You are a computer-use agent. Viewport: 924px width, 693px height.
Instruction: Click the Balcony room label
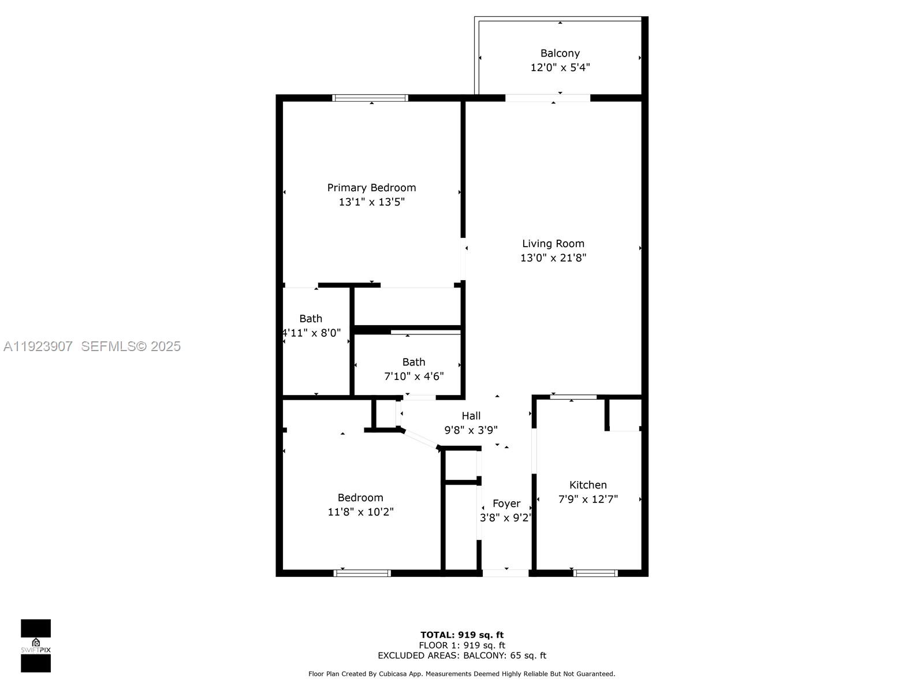(x=560, y=53)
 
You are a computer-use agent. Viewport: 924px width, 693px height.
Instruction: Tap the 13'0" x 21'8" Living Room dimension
(x=553, y=258)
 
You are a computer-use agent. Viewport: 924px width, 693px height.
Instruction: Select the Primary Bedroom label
(x=371, y=188)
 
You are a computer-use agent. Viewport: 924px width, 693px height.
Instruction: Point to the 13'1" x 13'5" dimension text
(x=371, y=202)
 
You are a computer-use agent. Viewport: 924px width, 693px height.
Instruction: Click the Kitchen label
(x=588, y=485)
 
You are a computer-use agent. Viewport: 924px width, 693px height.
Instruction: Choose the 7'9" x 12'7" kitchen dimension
(x=588, y=500)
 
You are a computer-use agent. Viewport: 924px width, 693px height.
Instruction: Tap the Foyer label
(x=506, y=504)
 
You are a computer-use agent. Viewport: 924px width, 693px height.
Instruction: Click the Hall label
(x=471, y=416)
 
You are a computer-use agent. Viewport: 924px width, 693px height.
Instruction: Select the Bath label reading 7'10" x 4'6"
(x=413, y=362)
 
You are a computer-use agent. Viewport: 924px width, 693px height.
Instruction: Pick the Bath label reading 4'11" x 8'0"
(x=311, y=319)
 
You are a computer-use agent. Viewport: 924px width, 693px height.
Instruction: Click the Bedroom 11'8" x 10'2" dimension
(x=360, y=512)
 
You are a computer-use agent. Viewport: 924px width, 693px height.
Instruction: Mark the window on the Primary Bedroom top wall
(x=370, y=98)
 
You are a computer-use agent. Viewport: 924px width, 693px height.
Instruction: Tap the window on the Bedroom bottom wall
(x=363, y=573)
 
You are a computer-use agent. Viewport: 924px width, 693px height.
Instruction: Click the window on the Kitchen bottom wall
(x=595, y=573)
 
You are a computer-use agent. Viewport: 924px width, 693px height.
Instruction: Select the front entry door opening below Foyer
(x=505, y=573)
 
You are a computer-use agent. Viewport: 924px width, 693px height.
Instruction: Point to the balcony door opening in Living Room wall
(x=547, y=98)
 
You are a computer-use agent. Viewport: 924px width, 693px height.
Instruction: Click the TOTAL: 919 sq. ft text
(x=461, y=635)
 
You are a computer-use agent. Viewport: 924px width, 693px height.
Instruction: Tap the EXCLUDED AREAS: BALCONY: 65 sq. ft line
(x=461, y=655)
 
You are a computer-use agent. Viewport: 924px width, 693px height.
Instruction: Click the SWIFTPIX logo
(x=36, y=646)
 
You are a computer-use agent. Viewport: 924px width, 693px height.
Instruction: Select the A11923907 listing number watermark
(x=38, y=346)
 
